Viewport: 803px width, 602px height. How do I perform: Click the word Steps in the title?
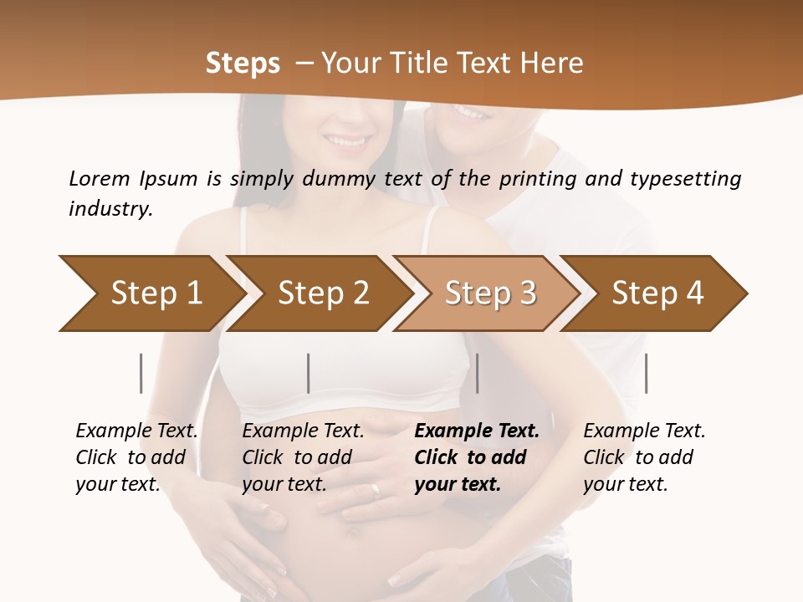pos(243,64)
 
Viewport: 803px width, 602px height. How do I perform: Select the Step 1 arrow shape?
pos(151,293)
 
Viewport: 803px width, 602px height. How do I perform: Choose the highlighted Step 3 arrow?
pos(489,293)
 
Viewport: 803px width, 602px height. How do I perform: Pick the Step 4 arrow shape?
pos(657,293)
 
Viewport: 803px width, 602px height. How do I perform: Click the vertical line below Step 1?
pos(141,373)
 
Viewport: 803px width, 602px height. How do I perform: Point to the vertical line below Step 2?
pos(309,373)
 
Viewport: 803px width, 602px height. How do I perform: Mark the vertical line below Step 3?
pos(478,373)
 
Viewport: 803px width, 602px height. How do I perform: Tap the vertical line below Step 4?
pos(646,373)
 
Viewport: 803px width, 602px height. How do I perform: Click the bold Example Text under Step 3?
pos(477,431)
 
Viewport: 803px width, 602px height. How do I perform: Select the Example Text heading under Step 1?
pos(136,431)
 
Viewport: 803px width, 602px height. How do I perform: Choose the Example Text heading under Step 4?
pos(644,431)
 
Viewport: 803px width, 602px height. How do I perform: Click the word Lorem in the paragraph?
pos(100,178)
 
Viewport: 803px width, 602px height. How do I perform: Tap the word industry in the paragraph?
pos(110,209)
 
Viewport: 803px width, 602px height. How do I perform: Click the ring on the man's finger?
pos(376,491)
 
